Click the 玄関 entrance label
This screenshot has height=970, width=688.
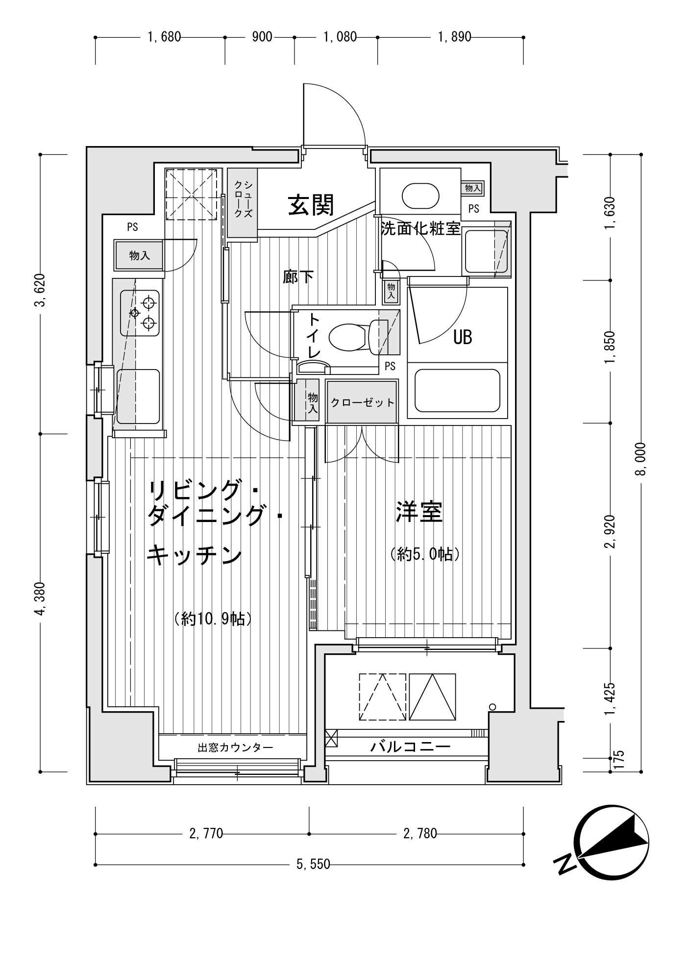311,205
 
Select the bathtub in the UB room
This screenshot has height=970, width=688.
457,391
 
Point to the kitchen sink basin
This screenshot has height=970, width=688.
138,396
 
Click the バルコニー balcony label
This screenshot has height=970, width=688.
410,747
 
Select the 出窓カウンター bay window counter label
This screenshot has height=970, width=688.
235,747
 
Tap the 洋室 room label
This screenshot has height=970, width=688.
419,512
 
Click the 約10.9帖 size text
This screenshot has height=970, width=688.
213,619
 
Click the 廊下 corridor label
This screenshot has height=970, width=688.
298,277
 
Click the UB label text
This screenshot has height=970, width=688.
462,337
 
